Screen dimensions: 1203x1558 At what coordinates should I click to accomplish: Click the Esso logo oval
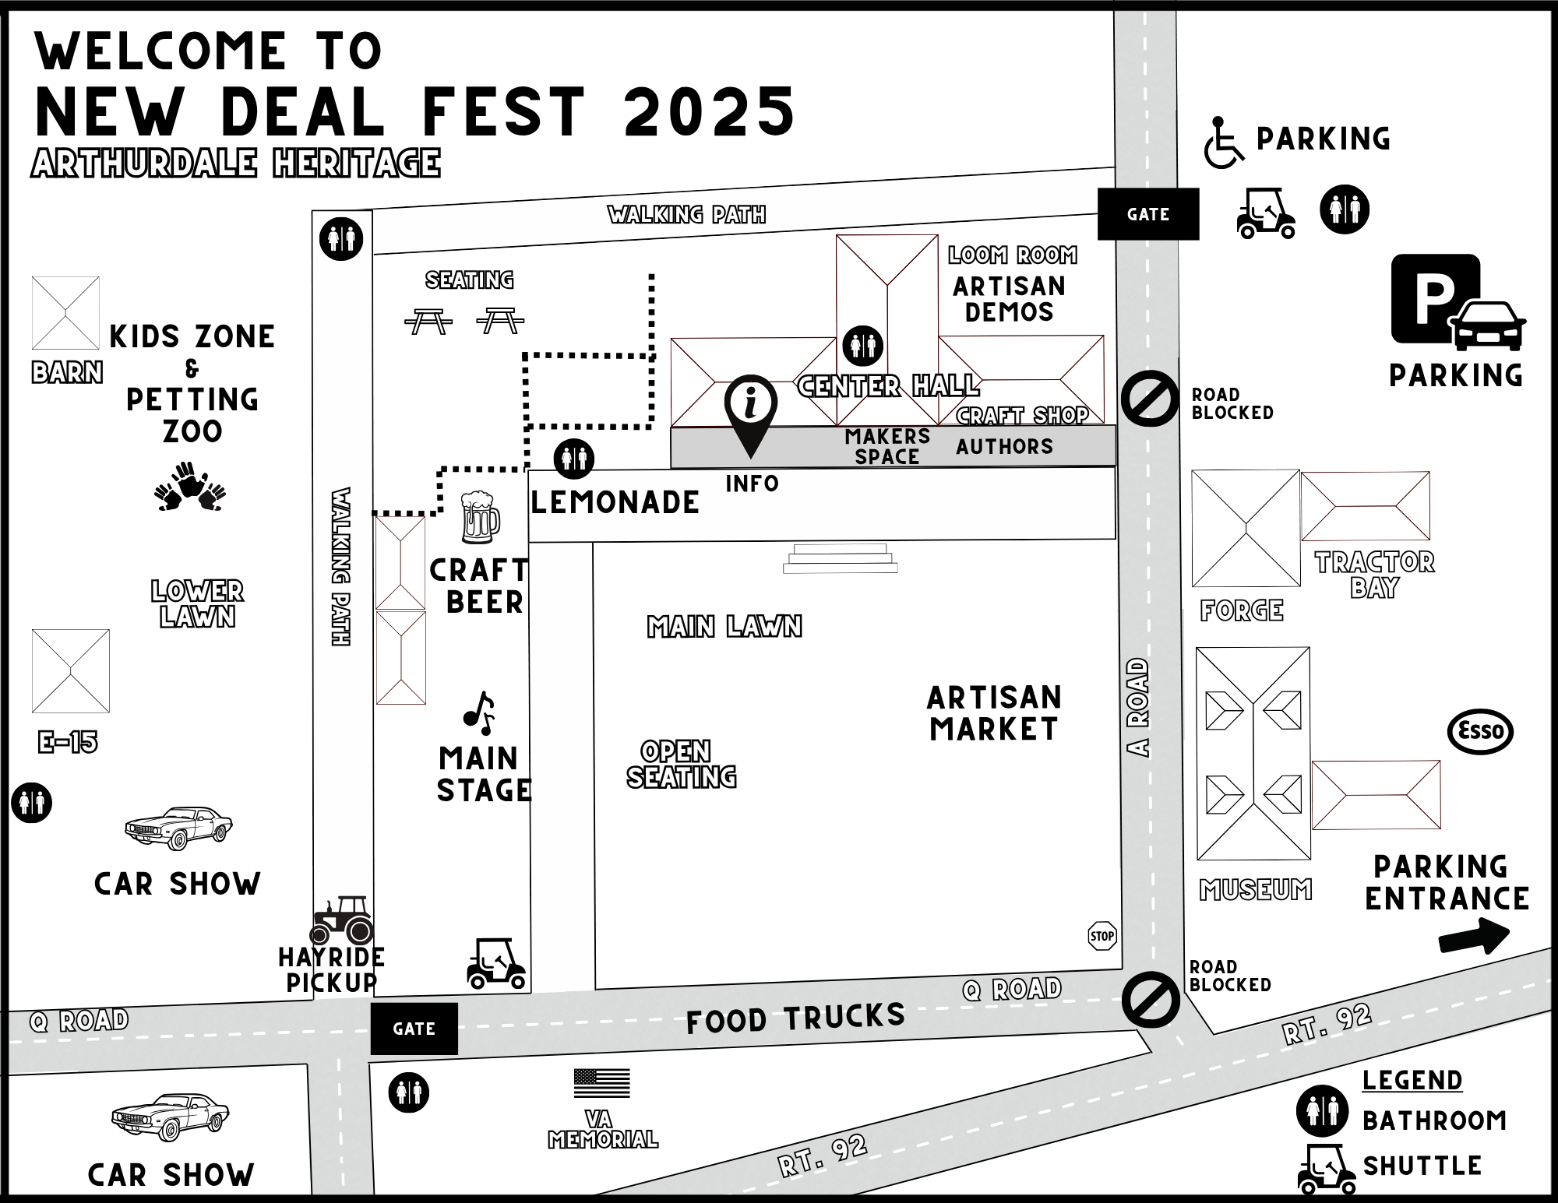[x=1479, y=732]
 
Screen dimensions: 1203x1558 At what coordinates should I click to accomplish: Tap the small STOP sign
[x=1102, y=936]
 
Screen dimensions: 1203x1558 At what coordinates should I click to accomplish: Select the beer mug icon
[x=479, y=517]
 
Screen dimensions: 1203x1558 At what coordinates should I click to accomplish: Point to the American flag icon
[x=601, y=1083]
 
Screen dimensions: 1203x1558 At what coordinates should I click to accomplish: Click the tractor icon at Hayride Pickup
[x=342, y=920]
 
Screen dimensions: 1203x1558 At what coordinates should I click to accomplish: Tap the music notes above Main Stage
[x=480, y=712]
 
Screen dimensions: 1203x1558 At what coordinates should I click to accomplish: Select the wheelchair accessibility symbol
[x=1223, y=142]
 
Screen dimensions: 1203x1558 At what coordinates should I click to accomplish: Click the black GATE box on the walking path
[x=1147, y=214]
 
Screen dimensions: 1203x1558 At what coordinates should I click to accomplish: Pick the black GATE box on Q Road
[x=414, y=1029]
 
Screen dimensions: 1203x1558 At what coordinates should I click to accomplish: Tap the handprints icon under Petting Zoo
[x=190, y=487]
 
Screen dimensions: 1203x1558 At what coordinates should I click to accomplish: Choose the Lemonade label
[x=615, y=503]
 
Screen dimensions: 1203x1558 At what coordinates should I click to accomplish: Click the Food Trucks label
[x=795, y=1018]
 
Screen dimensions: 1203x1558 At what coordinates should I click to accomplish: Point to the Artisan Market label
[x=994, y=713]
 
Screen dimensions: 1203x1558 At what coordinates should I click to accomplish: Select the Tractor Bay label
[x=1375, y=575]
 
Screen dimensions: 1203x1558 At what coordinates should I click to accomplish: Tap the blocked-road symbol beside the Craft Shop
[x=1150, y=399]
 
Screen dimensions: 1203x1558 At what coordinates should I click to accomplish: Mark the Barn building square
[x=65, y=313]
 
